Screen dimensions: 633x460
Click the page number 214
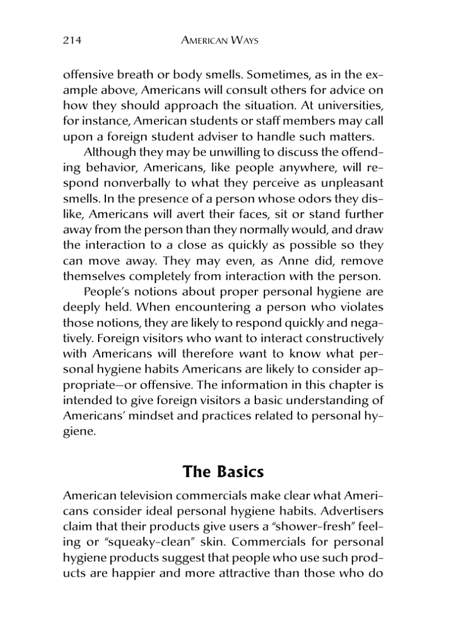tap(72, 41)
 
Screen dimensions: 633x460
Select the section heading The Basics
tap(223, 471)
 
